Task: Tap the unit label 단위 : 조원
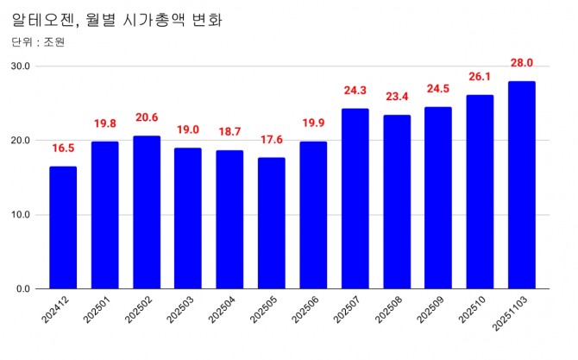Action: coord(39,41)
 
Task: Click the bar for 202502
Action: coord(147,212)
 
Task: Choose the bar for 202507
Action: coord(355,199)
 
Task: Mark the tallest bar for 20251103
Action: coord(522,185)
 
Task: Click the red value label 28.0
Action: coord(522,62)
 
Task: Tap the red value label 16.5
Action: coord(63,148)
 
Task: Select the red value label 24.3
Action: coord(355,90)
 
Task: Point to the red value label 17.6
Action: coord(272,139)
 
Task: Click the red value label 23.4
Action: coord(397,96)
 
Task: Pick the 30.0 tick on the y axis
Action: coord(21,66)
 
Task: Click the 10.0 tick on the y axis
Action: coord(21,215)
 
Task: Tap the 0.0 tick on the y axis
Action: coord(23,288)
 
